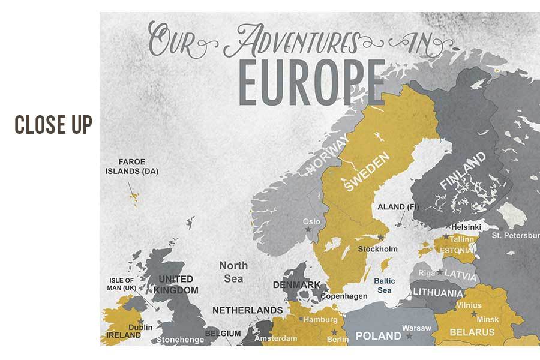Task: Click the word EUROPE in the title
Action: [x=311, y=83]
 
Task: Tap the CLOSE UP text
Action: [x=53, y=125]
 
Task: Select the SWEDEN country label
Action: [x=367, y=172]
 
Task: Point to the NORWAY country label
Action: [x=328, y=155]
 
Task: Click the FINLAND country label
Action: [x=463, y=172]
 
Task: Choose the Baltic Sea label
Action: [x=385, y=285]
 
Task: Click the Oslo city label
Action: [x=311, y=221]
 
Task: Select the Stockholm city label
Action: [x=377, y=249]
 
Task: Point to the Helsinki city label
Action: [x=466, y=227]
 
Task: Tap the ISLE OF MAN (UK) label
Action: [x=123, y=284]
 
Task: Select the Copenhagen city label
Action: [x=344, y=296]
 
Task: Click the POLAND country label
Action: [x=378, y=335]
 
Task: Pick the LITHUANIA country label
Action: [x=438, y=293]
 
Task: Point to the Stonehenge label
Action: [x=180, y=340]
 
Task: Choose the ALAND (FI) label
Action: [x=398, y=207]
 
